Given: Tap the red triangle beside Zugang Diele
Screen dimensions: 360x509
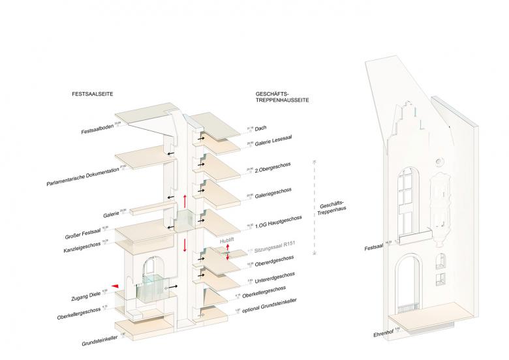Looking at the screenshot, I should coord(115,286).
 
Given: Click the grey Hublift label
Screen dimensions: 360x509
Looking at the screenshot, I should coord(227,241).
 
